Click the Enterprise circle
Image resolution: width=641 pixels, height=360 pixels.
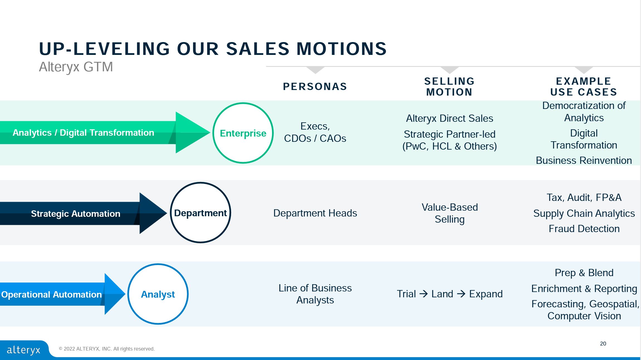pyautogui.click(x=243, y=133)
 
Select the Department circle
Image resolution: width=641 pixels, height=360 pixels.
pyautogui.click(x=200, y=213)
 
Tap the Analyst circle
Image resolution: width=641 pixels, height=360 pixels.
pyautogui.click(x=158, y=294)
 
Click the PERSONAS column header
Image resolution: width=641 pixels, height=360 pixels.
pyautogui.click(x=315, y=86)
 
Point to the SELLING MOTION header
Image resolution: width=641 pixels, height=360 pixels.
pyautogui.click(x=449, y=87)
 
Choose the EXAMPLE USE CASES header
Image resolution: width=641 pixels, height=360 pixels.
pyautogui.click(x=584, y=87)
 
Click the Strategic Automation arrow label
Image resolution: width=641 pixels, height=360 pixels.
pyautogui.click(x=75, y=214)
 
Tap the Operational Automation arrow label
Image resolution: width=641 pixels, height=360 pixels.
pyautogui.click(x=52, y=295)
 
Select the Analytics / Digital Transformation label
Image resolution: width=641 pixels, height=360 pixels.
pyautogui.click(x=83, y=133)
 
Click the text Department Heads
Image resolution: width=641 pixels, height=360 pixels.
pyautogui.click(x=315, y=213)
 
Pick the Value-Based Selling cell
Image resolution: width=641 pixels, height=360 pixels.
pyautogui.click(x=450, y=213)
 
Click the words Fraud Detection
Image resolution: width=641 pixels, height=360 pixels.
pyautogui.click(x=584, y=229)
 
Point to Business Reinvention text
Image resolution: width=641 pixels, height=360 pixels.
pyautogui.click(x=584, y=160)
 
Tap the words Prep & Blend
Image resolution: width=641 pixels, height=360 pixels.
pyautogui.click(x=584, y=273)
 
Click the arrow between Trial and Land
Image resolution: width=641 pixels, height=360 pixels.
pyautogui.click(x=424, y=294)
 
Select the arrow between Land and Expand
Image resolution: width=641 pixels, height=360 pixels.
pyautogui.click(x=461, y=294)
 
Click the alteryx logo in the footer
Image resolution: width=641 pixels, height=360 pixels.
pyautogui.click(x=24, y=350)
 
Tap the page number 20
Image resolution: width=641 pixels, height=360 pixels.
pyautogui.click(x=603, y=344)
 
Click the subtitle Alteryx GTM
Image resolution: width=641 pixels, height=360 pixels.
pyautogui.click(x=76, y=67)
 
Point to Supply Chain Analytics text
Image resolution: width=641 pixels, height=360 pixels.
pyautogui.click(x=584, y=213)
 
